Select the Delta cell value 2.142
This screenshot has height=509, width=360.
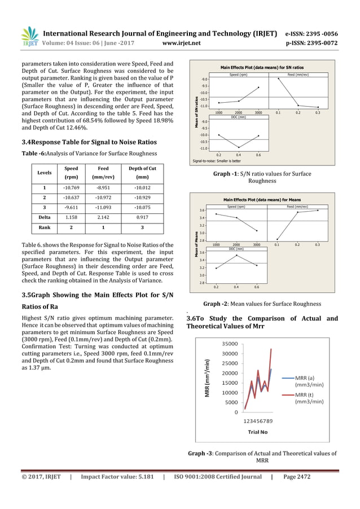(x=103, y=218)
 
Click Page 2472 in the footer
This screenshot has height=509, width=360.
(x=296, y=477)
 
